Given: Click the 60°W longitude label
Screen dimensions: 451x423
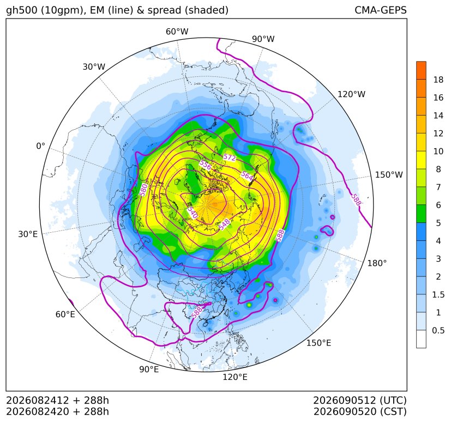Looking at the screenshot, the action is (x=177, y=32).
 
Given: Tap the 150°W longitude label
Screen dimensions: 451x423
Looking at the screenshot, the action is (x=389, y=175).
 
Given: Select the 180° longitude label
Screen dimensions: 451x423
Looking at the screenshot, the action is (x=377, y=263).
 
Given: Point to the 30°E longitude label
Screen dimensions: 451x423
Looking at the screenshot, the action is (x=28, y=234).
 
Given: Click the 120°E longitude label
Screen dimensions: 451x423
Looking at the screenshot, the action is (x=235, y=377).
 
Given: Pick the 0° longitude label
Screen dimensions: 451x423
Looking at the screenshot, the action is (x=41, y=147).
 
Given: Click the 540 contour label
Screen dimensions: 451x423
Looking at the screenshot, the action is (x=192, y=213).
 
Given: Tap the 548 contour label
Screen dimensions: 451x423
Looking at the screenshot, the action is (x=224, y=224).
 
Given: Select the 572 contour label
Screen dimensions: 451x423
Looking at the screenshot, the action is (x=230, y=158).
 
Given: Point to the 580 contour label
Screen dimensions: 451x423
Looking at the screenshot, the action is (x=143, y=190).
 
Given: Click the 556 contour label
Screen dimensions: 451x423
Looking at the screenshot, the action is (x=206, y=165).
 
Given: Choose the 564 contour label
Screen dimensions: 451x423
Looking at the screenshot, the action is (x=247, y=176).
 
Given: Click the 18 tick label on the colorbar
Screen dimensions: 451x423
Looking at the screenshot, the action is (x=438, y=80).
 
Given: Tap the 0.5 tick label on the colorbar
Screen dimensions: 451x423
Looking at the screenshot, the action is (x=438, y=330).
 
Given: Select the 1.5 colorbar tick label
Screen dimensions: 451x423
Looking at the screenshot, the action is (x=438, y=295).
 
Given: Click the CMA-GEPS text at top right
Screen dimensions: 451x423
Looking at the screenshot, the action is (x=381, y=10).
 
